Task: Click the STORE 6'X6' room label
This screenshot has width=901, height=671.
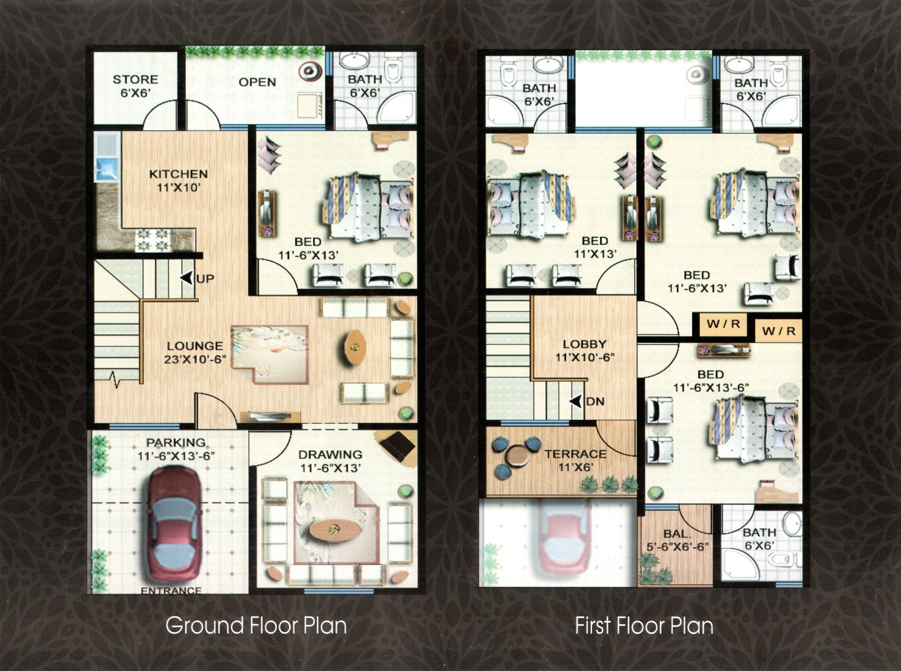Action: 135,86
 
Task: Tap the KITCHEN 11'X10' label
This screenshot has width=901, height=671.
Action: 179,181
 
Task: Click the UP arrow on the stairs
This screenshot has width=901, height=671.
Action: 186,278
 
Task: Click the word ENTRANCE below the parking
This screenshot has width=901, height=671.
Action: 171,591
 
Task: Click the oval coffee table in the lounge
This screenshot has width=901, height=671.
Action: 355,346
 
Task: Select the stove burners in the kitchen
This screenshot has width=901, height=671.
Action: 152,240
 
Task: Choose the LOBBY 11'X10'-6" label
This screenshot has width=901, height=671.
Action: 585,351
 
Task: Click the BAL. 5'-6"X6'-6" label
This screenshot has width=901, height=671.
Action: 677,539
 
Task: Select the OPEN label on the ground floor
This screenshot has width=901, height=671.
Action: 257,82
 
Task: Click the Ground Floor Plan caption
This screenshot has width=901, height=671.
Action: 256,625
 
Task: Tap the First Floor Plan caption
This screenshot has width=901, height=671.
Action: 644,626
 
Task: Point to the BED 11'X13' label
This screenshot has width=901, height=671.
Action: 595,247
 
